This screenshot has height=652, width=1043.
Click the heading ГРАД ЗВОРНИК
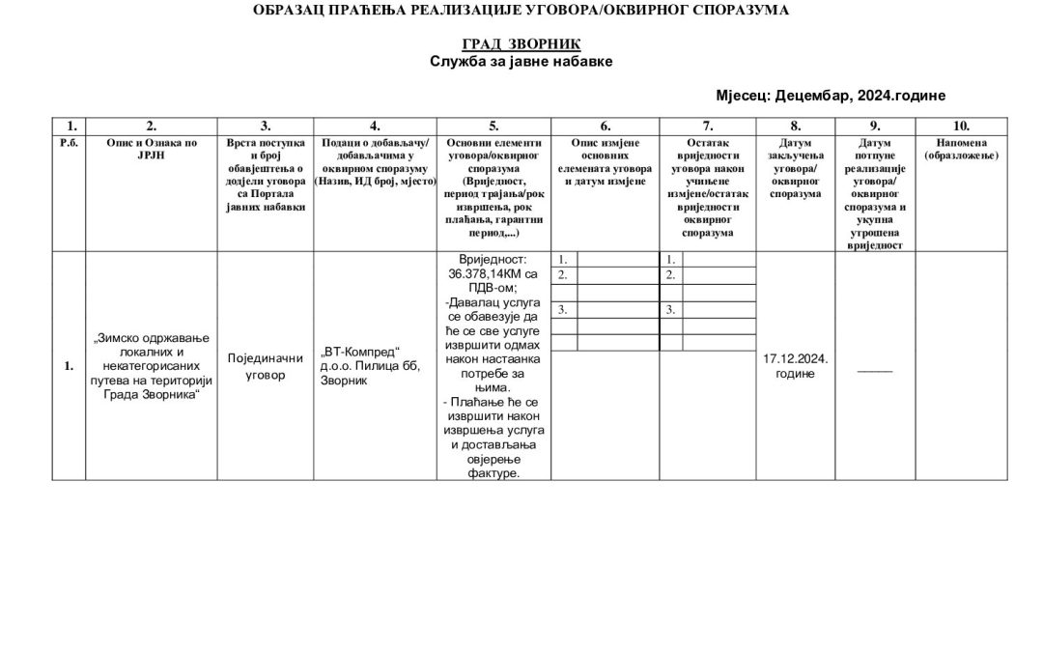tap(521, 44)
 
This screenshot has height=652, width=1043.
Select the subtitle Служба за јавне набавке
tap(521, 61)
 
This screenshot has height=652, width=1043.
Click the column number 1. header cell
tap(70, 126)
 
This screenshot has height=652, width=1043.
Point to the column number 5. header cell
tap(493, 126)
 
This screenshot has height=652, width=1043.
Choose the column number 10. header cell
tap(961, 126)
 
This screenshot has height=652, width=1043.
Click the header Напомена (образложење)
tap(961, 149)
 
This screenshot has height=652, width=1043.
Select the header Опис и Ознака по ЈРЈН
tap(152, 149)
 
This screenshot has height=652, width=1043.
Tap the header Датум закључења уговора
tap(796, 168)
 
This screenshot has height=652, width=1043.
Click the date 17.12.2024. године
tap(796, 366)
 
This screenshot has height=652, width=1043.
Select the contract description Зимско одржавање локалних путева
tap(152, 366)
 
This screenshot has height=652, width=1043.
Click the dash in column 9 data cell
tap(875, 370)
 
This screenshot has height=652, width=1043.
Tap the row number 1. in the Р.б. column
tap(69, 366)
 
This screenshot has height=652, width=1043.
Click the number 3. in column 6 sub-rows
tap(563, 310)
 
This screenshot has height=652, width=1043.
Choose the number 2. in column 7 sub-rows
tap(671, 275)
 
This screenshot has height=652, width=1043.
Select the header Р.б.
tap(70, 143)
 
